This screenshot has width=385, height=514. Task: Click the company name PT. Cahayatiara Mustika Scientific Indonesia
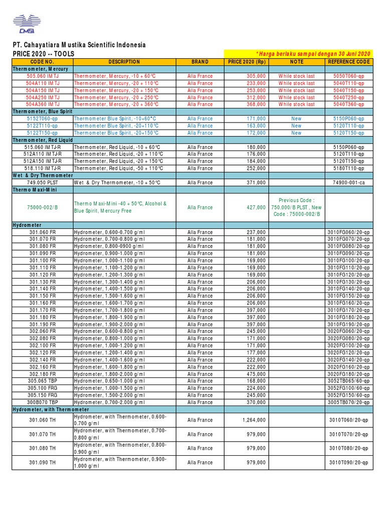[79, 45]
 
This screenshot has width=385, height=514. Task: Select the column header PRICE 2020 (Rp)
[247, 62]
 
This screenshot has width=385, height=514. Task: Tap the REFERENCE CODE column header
[348, 62]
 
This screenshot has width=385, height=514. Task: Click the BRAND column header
[200, 62]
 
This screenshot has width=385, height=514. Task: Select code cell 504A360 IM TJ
[43, 104]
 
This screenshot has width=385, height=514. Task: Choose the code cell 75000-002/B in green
[43, 207]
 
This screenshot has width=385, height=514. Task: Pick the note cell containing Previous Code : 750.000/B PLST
[296, 207]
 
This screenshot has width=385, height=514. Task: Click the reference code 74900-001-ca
[348, 183]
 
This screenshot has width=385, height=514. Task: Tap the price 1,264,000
[254, 420]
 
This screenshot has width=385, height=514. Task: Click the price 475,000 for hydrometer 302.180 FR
[256, 374]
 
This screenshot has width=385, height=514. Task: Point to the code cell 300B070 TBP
[43, 403]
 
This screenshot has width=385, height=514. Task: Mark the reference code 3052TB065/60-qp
[348, 381]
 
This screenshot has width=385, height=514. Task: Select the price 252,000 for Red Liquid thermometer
[256, 169]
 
